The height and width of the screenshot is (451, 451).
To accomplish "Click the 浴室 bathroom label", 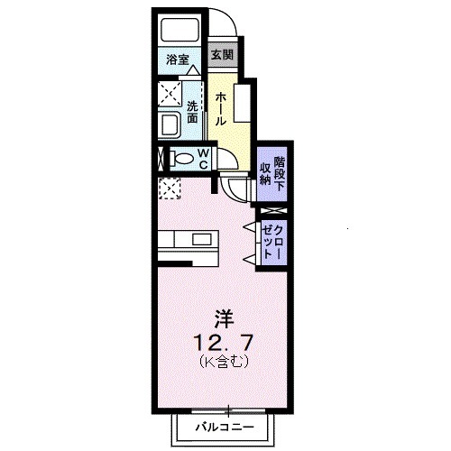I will [177, 61].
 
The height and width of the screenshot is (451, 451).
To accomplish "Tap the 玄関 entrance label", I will [222, 54].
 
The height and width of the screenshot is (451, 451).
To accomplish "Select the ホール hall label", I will [221, 106].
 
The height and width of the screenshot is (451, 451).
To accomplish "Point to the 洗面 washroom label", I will [192, 112].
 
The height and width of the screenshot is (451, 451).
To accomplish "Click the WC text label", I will [203, 159].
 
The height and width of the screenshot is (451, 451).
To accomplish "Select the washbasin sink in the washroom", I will [169, 125].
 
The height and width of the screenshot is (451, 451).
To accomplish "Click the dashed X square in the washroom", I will [169, 93].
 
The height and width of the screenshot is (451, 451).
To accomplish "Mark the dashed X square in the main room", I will [169, 189].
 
